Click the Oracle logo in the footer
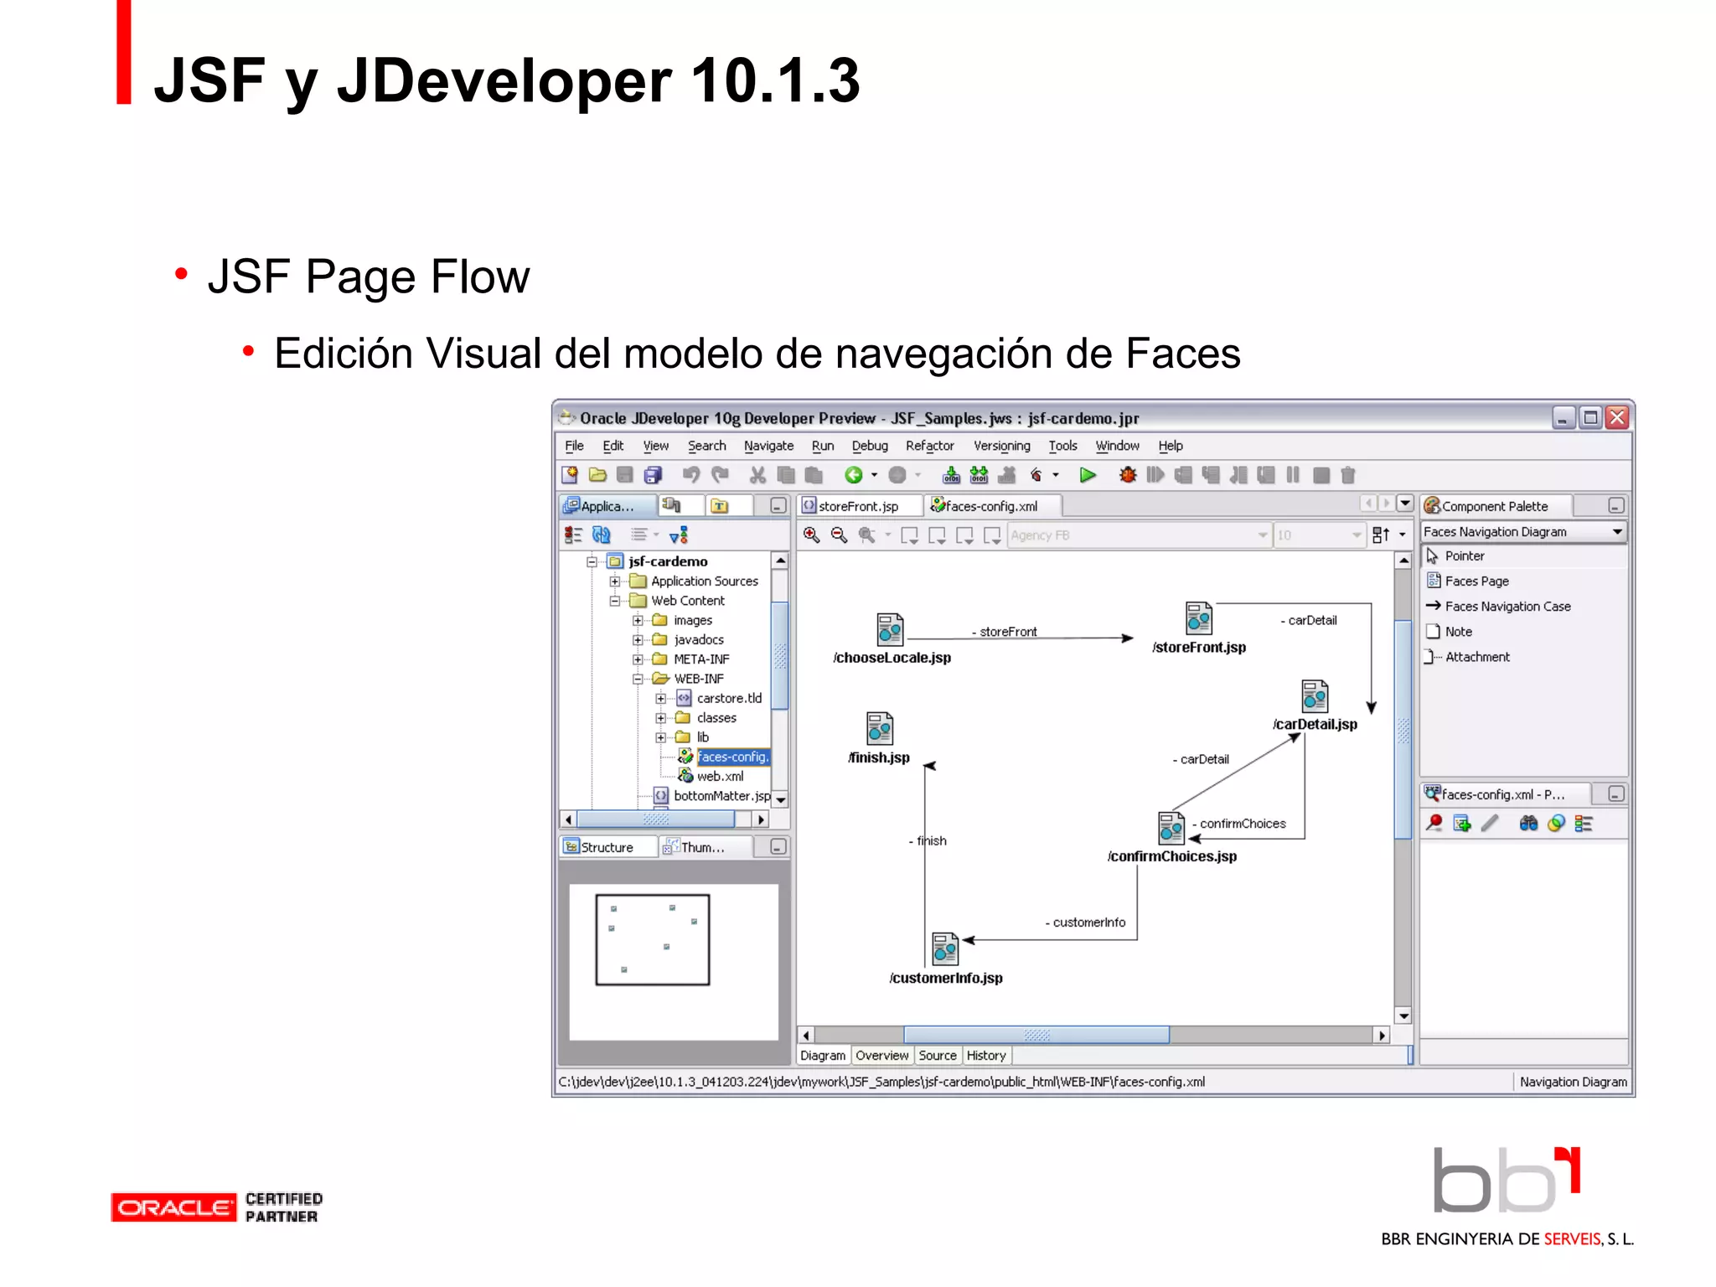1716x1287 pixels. coord(173,1207)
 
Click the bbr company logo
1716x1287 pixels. coord(1506,1181)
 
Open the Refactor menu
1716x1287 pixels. coord(929,446)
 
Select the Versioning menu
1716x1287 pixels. coord(1001,446)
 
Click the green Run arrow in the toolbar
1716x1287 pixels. coord(1088,475)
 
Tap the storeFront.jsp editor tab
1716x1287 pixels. coord(858,506)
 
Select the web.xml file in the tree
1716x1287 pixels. coord(720,776)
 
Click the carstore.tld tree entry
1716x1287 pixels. coord(729,698)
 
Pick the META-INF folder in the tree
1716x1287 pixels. coord(701,659)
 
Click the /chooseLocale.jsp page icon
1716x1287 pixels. coord(890,629)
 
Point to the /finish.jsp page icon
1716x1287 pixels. coord(880,728)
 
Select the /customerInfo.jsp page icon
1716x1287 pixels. coord(944,948)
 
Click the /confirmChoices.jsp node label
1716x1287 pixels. coord(1171,856)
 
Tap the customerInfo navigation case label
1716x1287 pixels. coord(1088,923)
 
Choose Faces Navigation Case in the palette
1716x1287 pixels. coord(1507,607)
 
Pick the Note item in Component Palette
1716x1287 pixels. coord(1458,632)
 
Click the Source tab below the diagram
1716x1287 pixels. coord(937,1056)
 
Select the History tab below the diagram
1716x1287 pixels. coord(986,1056)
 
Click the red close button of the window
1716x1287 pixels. coord(1617,417)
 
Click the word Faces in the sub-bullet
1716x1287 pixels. coord(1182,354)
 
